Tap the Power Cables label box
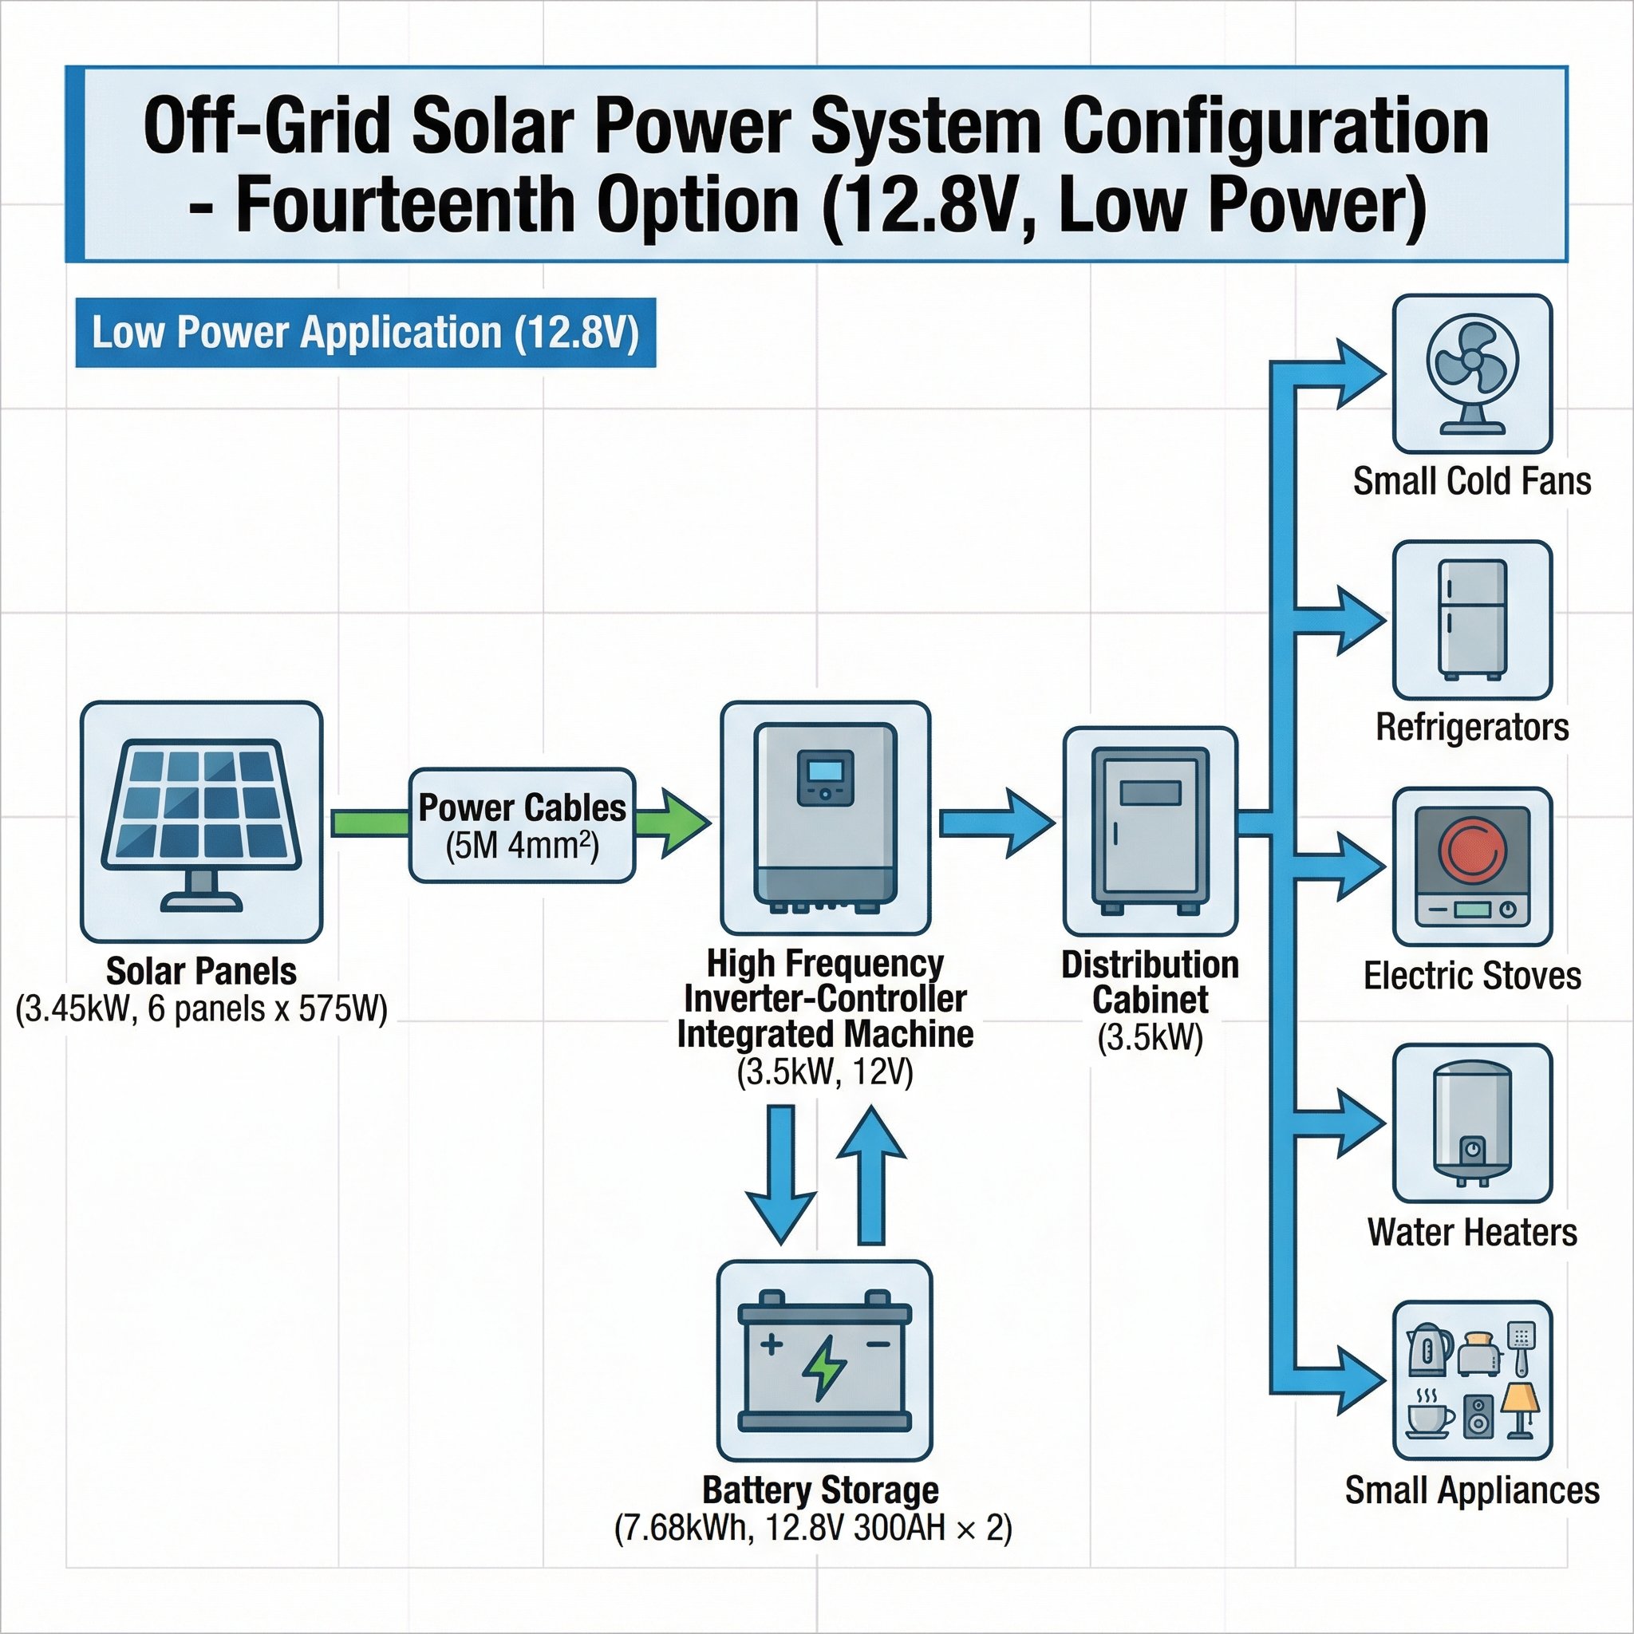(x=522, y=825)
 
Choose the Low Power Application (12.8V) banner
(x=365, y=333)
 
